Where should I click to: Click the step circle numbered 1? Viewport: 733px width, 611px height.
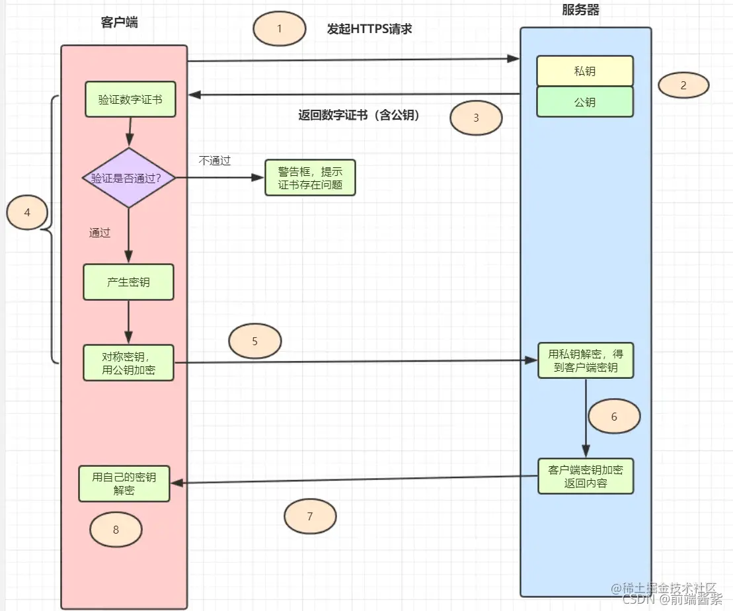point(280,29)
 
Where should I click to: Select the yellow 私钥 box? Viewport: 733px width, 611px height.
point(585,71)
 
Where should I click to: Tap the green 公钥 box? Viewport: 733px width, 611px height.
point(585,102)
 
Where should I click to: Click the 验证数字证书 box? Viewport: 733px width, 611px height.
point(130,100)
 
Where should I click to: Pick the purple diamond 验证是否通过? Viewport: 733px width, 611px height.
point(129,178)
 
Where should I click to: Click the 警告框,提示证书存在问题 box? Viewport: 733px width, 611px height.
point(310,178)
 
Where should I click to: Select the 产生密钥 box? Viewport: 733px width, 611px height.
point(128,282)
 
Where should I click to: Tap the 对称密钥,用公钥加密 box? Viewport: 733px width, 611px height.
point(128,362)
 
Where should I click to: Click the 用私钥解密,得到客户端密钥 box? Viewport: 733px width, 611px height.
point(586,360)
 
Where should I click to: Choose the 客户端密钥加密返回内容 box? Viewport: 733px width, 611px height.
point(586,476)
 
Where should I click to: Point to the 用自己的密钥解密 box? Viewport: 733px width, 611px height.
point(124,483)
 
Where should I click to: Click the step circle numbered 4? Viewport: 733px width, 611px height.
point(27,213)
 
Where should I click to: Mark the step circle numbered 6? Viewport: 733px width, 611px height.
point(614,417)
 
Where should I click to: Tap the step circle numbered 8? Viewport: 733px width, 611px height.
point(116,530)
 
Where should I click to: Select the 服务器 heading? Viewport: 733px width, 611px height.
point(581,10)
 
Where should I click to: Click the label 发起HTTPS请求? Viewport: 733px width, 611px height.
point(369,29)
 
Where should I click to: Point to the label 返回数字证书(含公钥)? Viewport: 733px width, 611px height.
point(359,115)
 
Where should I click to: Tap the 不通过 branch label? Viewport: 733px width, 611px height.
point(215,161)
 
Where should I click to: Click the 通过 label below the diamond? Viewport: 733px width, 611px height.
point(100,233)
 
